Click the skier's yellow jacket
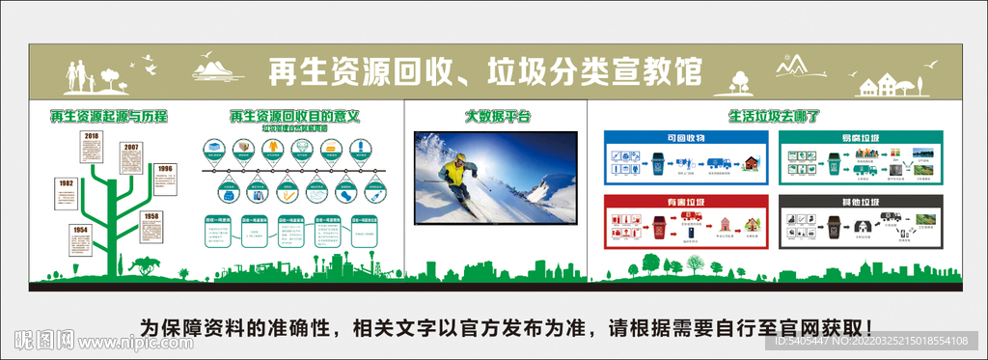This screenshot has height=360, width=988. pyautogui.click(x=453, y=175)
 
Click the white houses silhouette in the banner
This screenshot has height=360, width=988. pyautogui.click(x=883, y=86)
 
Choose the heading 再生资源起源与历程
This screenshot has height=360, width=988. pyautogui.click(x=109, y=117)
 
